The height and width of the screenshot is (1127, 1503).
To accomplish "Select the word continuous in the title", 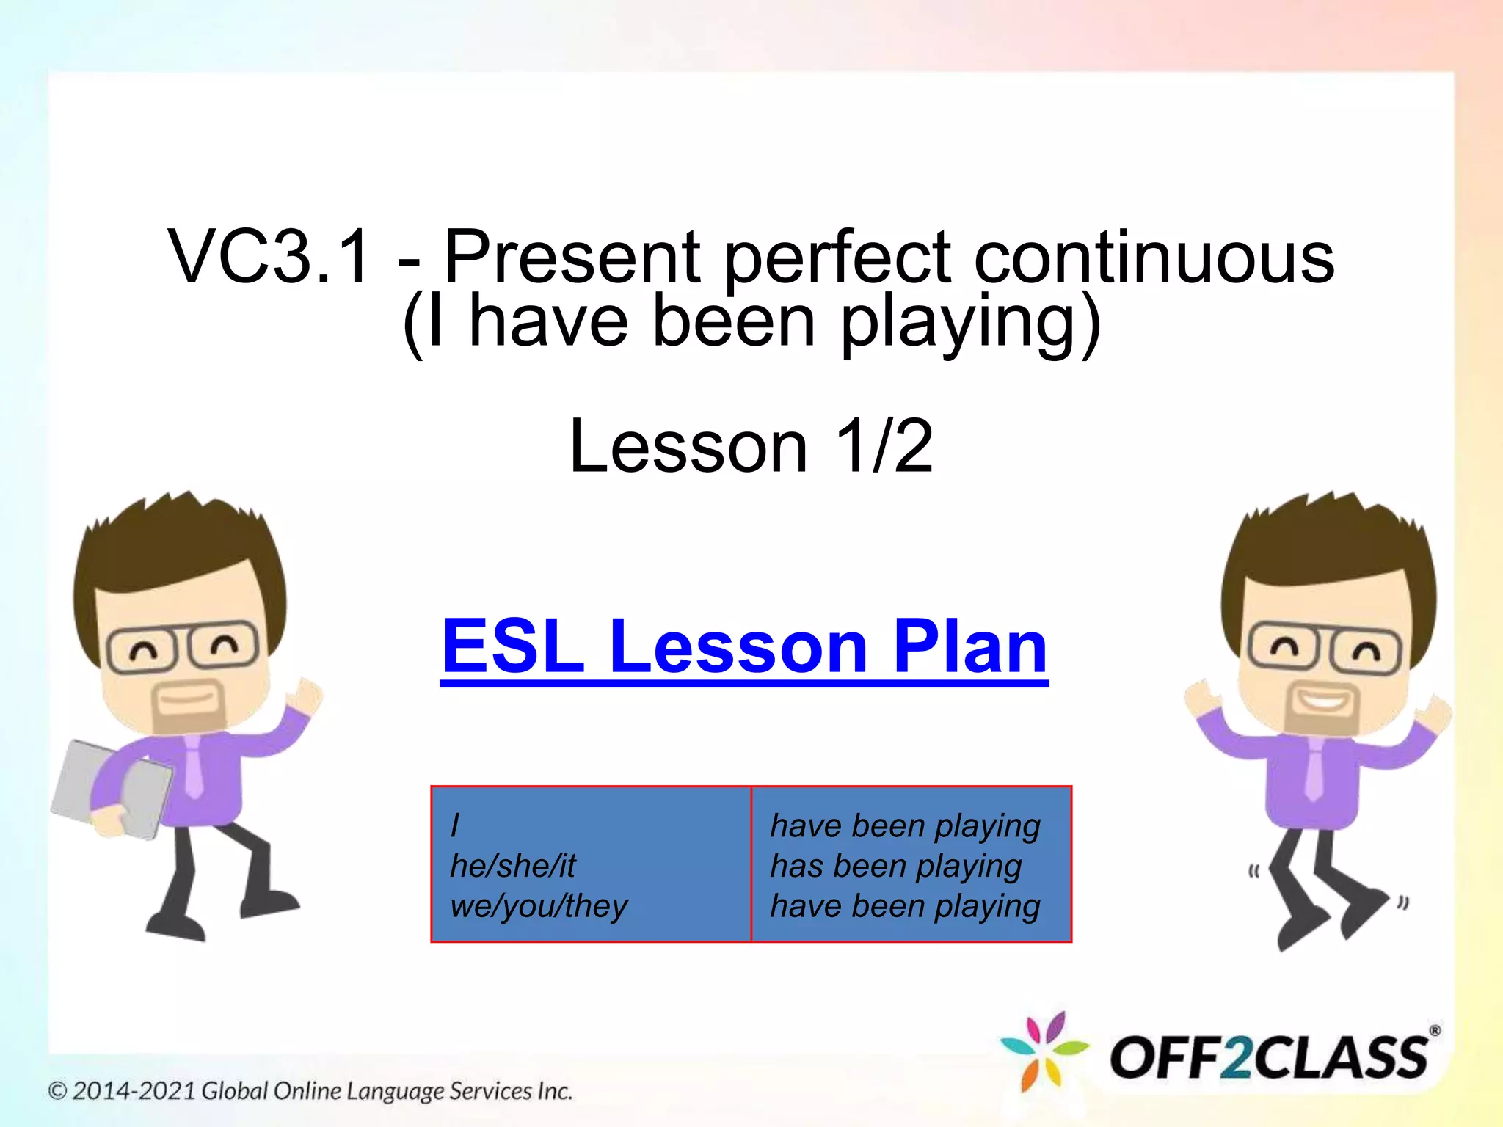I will click(1154, 257).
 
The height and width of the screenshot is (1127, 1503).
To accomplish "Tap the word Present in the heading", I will click(572, 257).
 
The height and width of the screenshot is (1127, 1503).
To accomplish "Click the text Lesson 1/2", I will click(751, 446).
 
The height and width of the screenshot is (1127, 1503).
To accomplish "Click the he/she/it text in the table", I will click(513, 866).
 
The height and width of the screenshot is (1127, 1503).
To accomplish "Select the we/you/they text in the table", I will click(539, 905).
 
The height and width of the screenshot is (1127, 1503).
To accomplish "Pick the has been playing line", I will click(895, 866).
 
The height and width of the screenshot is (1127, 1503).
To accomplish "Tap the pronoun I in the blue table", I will click(455, 825).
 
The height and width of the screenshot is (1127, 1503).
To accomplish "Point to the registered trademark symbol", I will click(1434, 1030).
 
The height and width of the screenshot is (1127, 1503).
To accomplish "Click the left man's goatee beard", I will click(187, 708).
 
